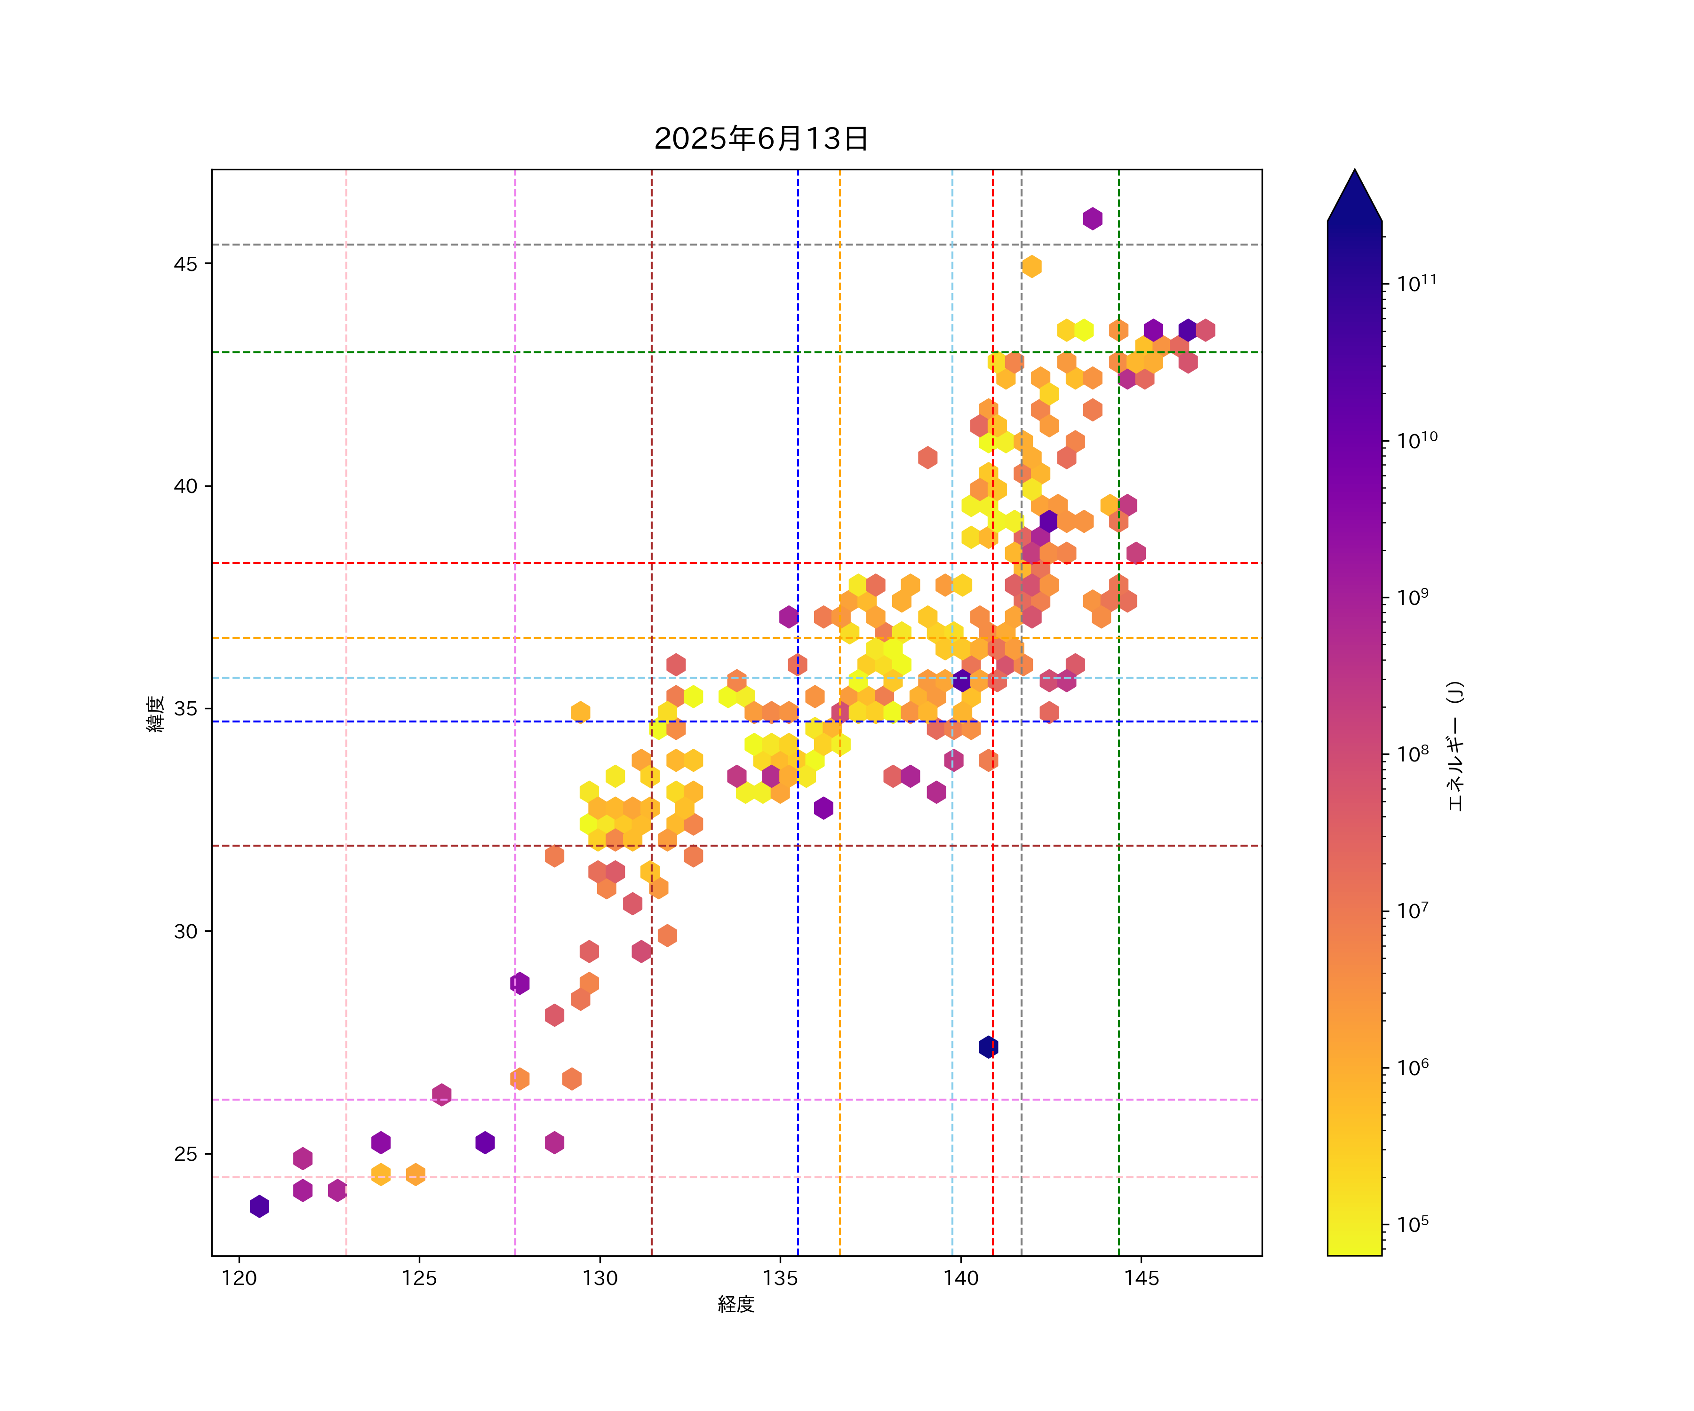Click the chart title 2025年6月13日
point(761,139)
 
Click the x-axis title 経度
point(735,1304)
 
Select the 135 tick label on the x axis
point(780,1278)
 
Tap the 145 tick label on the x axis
point(1142,1278)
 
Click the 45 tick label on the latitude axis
point(185,264)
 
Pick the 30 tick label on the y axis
point(185,931)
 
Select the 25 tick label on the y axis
point(185,1154)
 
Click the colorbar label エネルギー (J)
point(1454,746)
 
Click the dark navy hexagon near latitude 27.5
point(988,1046)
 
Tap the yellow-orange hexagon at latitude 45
point(1031,266)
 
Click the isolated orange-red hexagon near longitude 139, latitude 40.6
point(927,457)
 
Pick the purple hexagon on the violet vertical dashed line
point(519,983)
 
